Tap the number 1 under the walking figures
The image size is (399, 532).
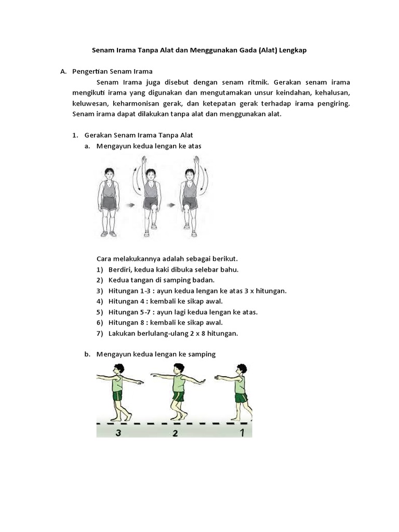click(x=241, y=431)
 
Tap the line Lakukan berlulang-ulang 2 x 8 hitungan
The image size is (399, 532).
click(x=173, y=334)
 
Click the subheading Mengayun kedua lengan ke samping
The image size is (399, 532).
click(x=155, y=354)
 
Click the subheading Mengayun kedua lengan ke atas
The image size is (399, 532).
click(x=149, y=146)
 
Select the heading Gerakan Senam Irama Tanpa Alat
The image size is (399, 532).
click(x=136, y=135)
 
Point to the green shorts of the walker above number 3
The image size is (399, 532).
click(x=117, y=396)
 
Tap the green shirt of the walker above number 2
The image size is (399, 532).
click(x=179, y=384)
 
